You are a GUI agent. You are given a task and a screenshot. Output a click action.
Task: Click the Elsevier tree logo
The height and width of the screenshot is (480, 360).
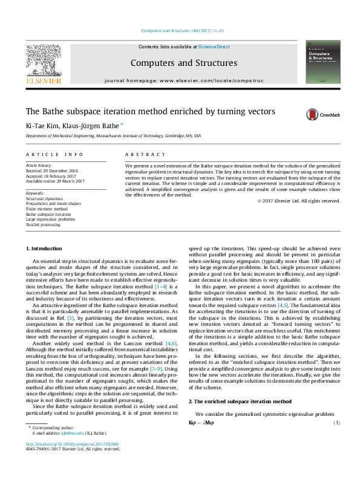43,62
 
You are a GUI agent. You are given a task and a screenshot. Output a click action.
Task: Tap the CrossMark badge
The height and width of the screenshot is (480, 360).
322,114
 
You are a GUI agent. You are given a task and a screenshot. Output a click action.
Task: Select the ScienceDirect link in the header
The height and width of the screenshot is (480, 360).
214,47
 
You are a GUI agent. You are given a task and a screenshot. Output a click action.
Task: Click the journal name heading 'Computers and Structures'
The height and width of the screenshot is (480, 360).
184,63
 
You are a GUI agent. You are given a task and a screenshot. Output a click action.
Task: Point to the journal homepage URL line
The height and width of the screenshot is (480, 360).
184,80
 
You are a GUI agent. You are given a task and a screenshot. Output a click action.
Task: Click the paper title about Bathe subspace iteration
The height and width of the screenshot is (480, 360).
150,111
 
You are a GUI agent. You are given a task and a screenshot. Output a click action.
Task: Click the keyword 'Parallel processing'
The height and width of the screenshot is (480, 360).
43,224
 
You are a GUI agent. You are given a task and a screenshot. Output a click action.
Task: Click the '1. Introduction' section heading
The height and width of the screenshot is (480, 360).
44,248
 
